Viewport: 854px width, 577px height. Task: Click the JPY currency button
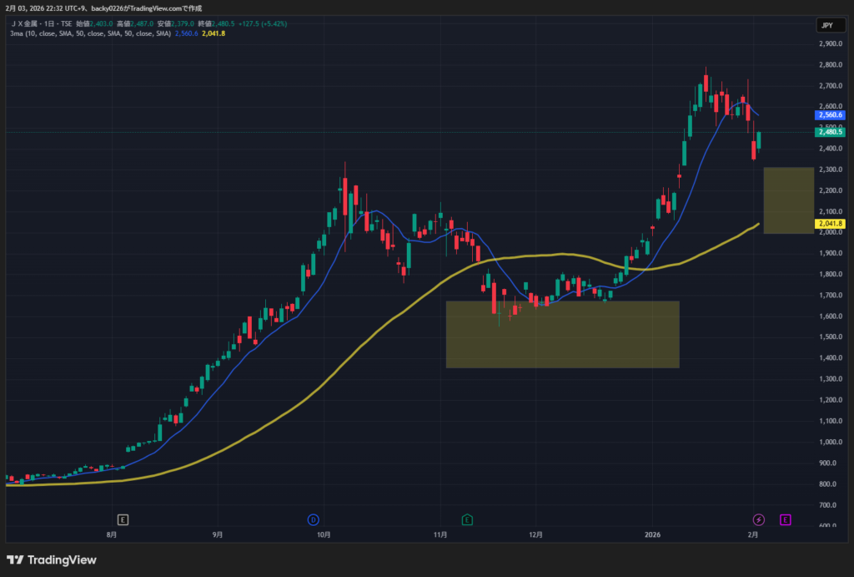[826, 25]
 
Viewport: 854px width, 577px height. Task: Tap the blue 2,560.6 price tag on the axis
[831, 114]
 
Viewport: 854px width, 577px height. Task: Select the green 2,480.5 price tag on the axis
[831, 132]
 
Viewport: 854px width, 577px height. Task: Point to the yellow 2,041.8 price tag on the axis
[831, 224]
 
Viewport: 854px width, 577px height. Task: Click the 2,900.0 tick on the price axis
[830, 43]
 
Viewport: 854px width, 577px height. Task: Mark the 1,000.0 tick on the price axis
[830, 442]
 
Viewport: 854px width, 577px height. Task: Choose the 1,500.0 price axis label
[830, 337]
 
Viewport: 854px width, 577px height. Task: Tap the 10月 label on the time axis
[325, 534]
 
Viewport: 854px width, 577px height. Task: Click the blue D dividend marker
[314, 519]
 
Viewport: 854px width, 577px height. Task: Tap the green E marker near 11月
[467, 519]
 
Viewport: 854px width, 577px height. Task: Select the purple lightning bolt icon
[759, 519]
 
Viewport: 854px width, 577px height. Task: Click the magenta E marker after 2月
[785, 519]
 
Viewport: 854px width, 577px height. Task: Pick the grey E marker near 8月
[123, 519]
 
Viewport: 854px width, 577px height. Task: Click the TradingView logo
[52, 559]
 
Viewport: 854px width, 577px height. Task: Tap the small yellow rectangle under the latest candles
[788, 200]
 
